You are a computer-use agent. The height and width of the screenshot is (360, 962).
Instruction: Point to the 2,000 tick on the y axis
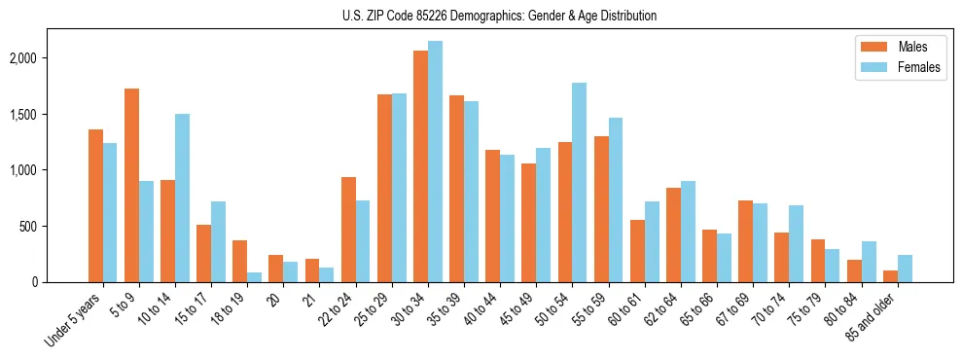(20, 58)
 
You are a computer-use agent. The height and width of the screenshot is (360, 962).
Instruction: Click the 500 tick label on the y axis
(26, 227)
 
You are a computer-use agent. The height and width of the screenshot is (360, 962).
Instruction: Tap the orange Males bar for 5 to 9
(131, 185)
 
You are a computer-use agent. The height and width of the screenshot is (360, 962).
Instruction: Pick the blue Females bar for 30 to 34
(435, 162)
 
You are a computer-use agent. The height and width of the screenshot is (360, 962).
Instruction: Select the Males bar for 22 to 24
(348, 230)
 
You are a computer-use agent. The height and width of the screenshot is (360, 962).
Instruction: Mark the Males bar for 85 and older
(890, 276)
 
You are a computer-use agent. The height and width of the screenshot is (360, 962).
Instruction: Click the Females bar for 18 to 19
(254, 277)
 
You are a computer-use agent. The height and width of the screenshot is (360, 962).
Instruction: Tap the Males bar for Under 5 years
(95, 205)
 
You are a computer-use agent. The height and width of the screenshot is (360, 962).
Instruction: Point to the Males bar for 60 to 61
(637, 251)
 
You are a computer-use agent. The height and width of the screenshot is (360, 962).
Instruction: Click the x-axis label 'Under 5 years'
(74, 320)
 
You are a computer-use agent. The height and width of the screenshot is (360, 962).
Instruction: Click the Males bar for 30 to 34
(420, 166)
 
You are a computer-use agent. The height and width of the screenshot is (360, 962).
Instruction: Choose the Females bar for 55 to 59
(615, 199)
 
